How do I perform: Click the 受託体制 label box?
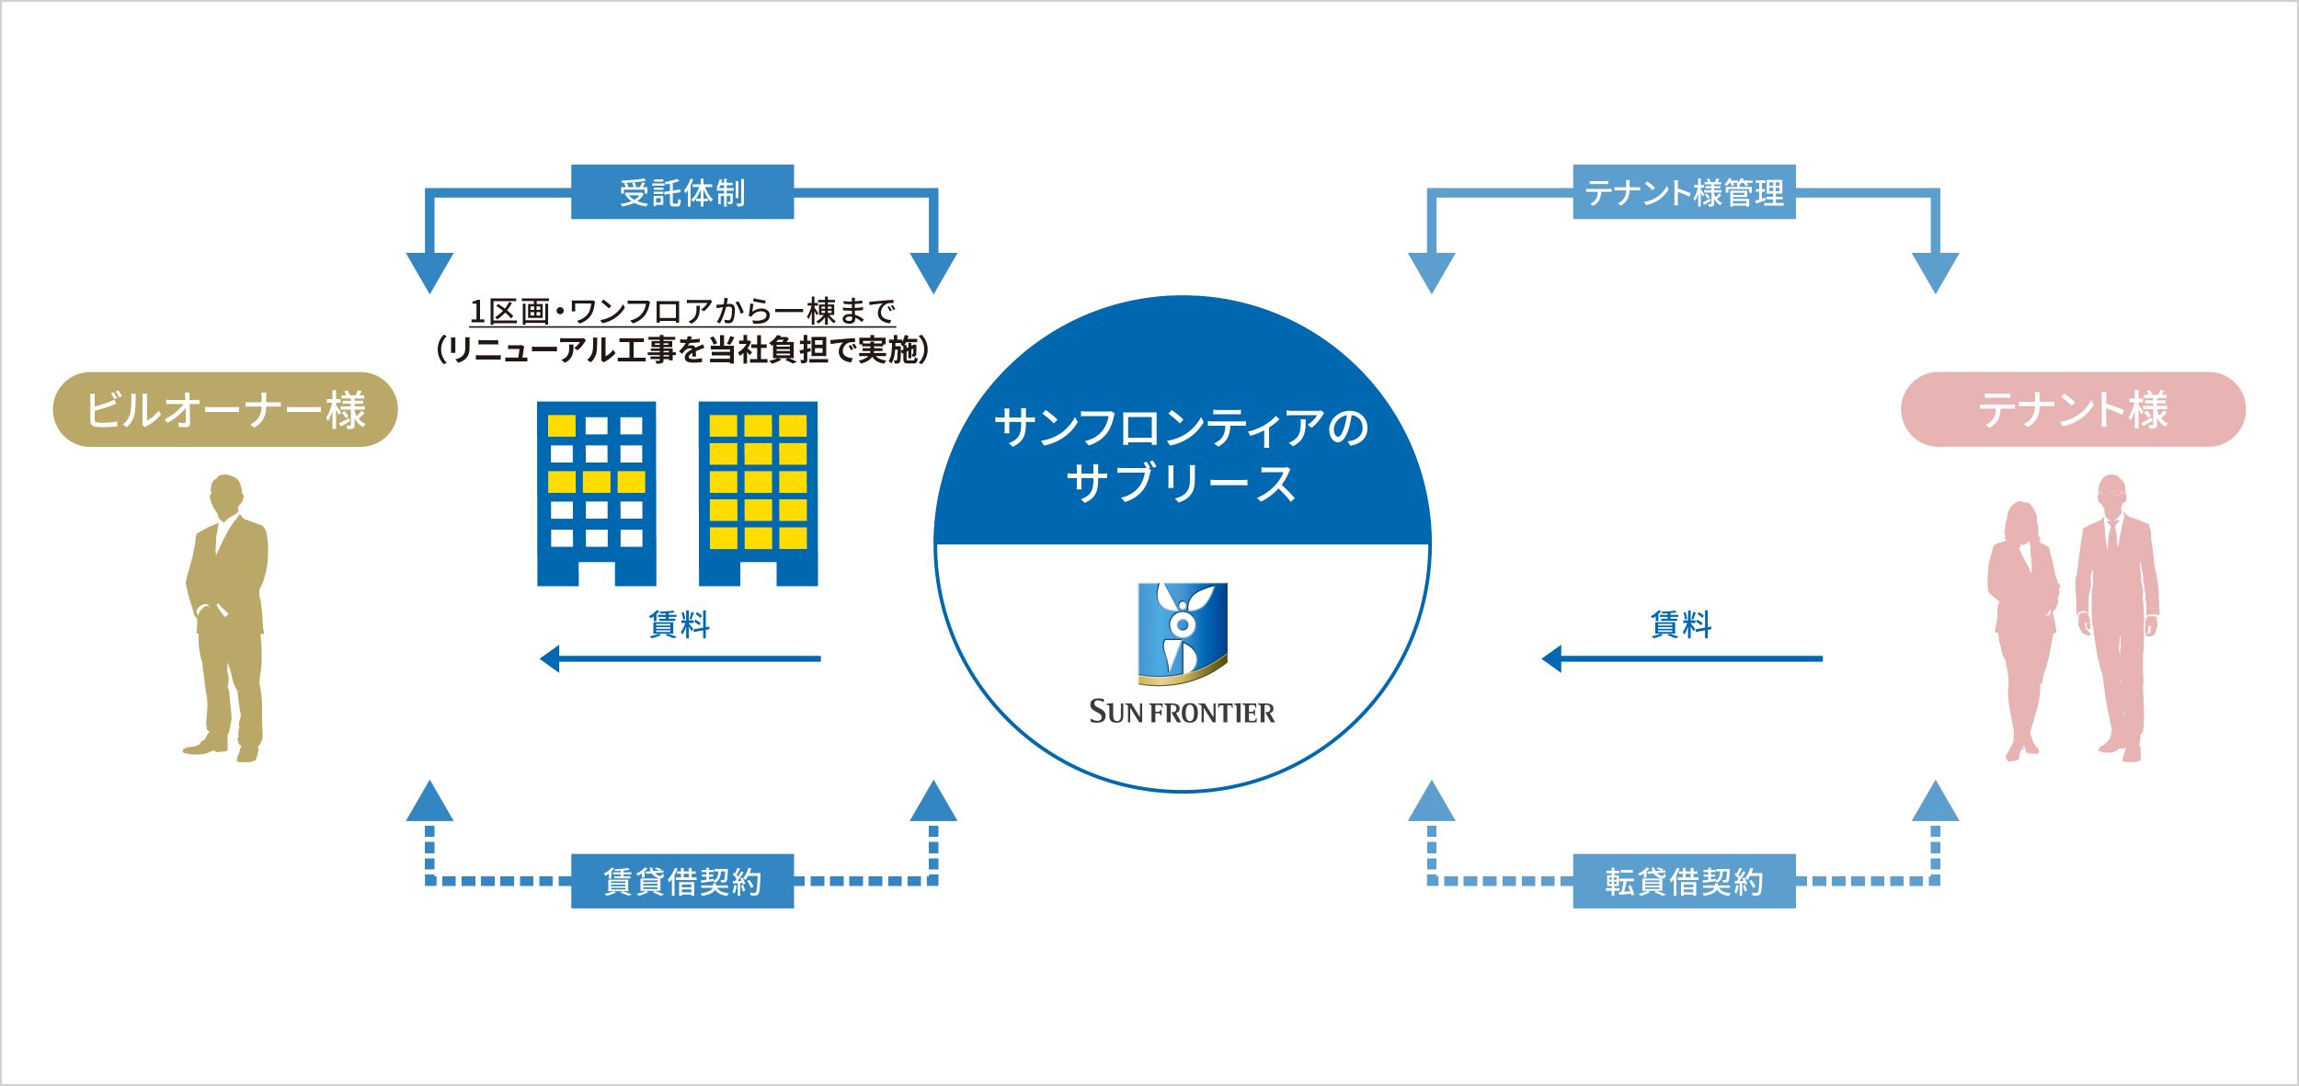681,192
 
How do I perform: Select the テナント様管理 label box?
1684,192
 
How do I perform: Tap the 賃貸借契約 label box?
681,881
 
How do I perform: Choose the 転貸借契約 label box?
1684,881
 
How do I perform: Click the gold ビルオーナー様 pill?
225,409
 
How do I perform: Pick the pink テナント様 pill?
2073,409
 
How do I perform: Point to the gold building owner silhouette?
226,616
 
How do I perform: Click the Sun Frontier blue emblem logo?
1182,634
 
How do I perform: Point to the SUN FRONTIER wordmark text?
1182,712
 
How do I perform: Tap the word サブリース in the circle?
1182,484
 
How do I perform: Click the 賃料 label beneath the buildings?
679,624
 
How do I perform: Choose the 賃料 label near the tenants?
1681,624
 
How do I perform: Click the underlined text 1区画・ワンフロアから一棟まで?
681,312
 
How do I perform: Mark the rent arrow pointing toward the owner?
681,658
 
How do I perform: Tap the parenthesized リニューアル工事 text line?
681,350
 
